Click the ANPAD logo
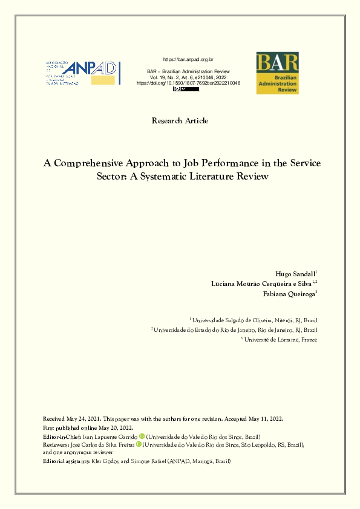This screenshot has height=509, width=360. coord(83,73)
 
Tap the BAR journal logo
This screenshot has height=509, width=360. coord(277,73)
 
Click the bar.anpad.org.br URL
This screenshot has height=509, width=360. coord(189,59)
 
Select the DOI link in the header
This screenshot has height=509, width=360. coord(189,83)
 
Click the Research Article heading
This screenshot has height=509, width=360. coord(180,121)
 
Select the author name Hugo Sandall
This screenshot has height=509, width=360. coord(294,274)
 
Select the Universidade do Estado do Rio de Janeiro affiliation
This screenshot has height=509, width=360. coord(236,330)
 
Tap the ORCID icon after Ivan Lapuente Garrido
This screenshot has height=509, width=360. coord(142,436)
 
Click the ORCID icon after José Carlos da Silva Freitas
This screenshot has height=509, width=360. coord(139,444)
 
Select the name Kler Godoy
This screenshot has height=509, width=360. coord(106,461)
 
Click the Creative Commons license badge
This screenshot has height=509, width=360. coord(186,89)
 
